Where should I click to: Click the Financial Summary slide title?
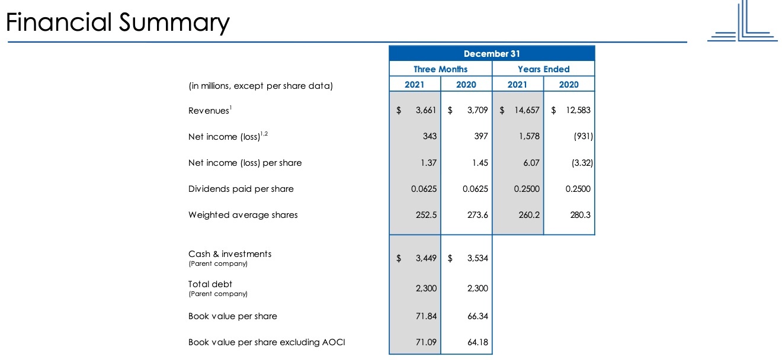click(118, 22)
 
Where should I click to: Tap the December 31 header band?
click(492, 53)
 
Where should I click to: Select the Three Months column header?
click(440, 69)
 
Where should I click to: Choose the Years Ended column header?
click(544, 69)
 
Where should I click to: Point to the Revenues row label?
click(210, 110)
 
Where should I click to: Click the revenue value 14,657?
click(527, 110)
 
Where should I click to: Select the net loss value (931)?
click(584, 136)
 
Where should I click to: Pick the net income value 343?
click(430, 136)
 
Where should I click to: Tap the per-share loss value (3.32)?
click(582, 163)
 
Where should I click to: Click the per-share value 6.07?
click(531, 163)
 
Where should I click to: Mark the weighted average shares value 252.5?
click(426, 215)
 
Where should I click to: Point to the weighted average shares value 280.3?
click(580, 215)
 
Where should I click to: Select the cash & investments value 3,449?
click(426, 258)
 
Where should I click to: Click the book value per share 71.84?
click(426, 316)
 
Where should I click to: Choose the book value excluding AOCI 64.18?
click(477, 342)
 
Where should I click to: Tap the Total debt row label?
click(210, 284)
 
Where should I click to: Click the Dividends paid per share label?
click(241, 189)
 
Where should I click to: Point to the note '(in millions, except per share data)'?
click(261, 86)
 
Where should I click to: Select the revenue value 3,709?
click(477, 110)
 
